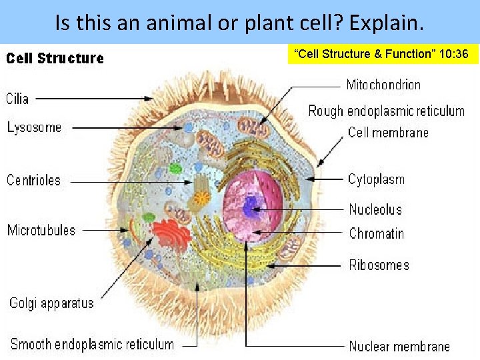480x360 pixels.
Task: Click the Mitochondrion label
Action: [383, 85]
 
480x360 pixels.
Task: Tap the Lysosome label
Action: [34, 127]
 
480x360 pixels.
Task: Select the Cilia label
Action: [17, 99]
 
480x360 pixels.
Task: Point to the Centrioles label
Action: [33, 180]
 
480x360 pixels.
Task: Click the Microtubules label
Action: [41, 231]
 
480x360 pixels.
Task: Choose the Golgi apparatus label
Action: [51, 303]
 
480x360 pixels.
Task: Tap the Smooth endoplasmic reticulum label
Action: [92, 345]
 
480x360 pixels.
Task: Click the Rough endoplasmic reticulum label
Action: [386, 111]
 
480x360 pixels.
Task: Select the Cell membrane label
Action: [388, 132]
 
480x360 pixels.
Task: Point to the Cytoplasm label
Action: [376, 179]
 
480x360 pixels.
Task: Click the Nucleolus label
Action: [375, 209]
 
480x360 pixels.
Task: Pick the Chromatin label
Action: [376, 233]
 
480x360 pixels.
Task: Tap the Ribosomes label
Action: [379, 265]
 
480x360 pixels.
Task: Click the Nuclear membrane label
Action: [399, 346]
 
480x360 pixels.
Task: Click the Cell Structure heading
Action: [55, 58]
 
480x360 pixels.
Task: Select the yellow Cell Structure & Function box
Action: [383, 54]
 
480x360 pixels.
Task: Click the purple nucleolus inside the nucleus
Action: [251, 207]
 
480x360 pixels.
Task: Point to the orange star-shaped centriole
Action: [201, 198]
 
